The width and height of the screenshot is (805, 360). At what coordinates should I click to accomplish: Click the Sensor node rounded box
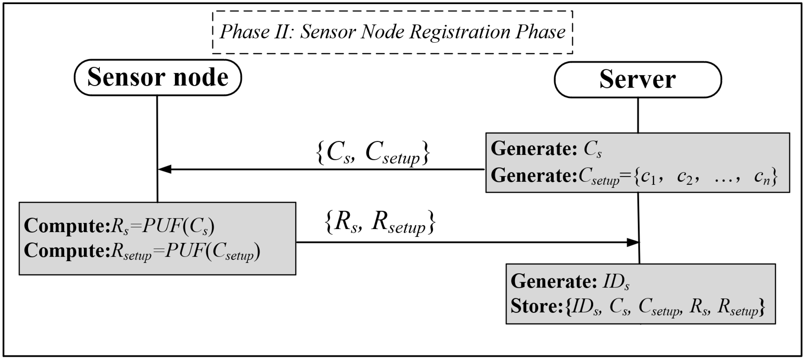[x=158, y=78]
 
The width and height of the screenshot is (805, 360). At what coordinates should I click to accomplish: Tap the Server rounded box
[x=638, y=80]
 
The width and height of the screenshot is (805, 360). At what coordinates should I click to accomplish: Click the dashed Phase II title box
[x=393, y=32]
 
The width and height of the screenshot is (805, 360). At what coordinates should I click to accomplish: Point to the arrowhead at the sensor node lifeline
[x=165, y=169]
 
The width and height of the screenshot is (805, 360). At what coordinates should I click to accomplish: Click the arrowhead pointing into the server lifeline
[x=633, y=242]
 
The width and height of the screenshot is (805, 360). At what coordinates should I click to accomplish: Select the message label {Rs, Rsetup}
[x=380, y=222]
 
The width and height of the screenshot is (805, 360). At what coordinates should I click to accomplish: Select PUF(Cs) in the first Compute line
[x=178, y=226]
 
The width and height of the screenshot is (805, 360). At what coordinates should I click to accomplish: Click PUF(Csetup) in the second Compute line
[x=213, y=251]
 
